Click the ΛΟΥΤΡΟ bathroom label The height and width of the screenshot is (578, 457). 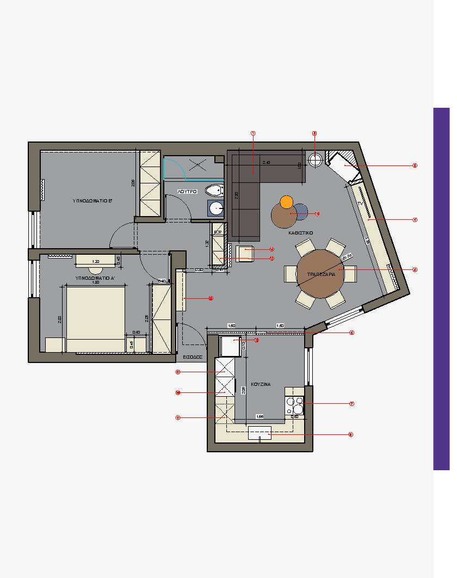pos(187,192)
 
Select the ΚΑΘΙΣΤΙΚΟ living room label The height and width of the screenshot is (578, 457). pos(300,232)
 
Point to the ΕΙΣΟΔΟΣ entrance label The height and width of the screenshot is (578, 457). pos(193,358)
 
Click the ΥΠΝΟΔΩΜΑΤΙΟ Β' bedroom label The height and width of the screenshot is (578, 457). pos(92,201)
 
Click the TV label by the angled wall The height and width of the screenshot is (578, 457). pos(360,203)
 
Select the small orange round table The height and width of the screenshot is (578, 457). pos(287,202)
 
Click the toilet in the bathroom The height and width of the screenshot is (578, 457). pos(214,190)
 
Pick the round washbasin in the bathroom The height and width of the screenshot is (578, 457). pos(217,208)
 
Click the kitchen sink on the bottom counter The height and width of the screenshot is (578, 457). pos(260,434)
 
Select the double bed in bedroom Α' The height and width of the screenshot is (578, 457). pos(95,319)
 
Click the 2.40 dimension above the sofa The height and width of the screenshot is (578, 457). pos(266,163)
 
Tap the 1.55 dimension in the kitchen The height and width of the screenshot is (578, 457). pos(260,417)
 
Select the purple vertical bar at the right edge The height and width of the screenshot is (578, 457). pos(441,288)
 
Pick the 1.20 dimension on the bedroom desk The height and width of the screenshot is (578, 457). pos(96,261)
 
